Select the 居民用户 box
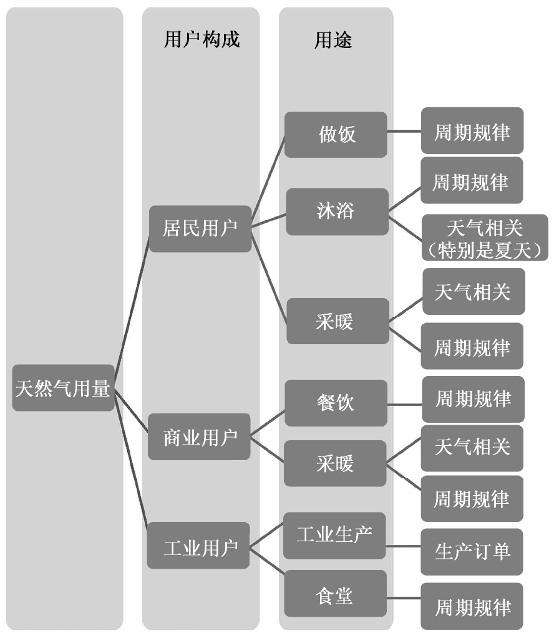tap(200, 229)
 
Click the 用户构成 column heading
tap(201, 40)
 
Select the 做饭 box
tap(336, 134)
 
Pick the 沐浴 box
tap(336, 211)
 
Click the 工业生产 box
tap(334, 535)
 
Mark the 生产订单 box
tap(472, 551)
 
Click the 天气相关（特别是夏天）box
tap(485, 238)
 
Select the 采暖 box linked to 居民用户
tap(336, 320)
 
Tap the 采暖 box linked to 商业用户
tap(335, 463)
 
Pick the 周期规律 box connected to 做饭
tap(472, 130)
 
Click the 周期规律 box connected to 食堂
tap(472, 605)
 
